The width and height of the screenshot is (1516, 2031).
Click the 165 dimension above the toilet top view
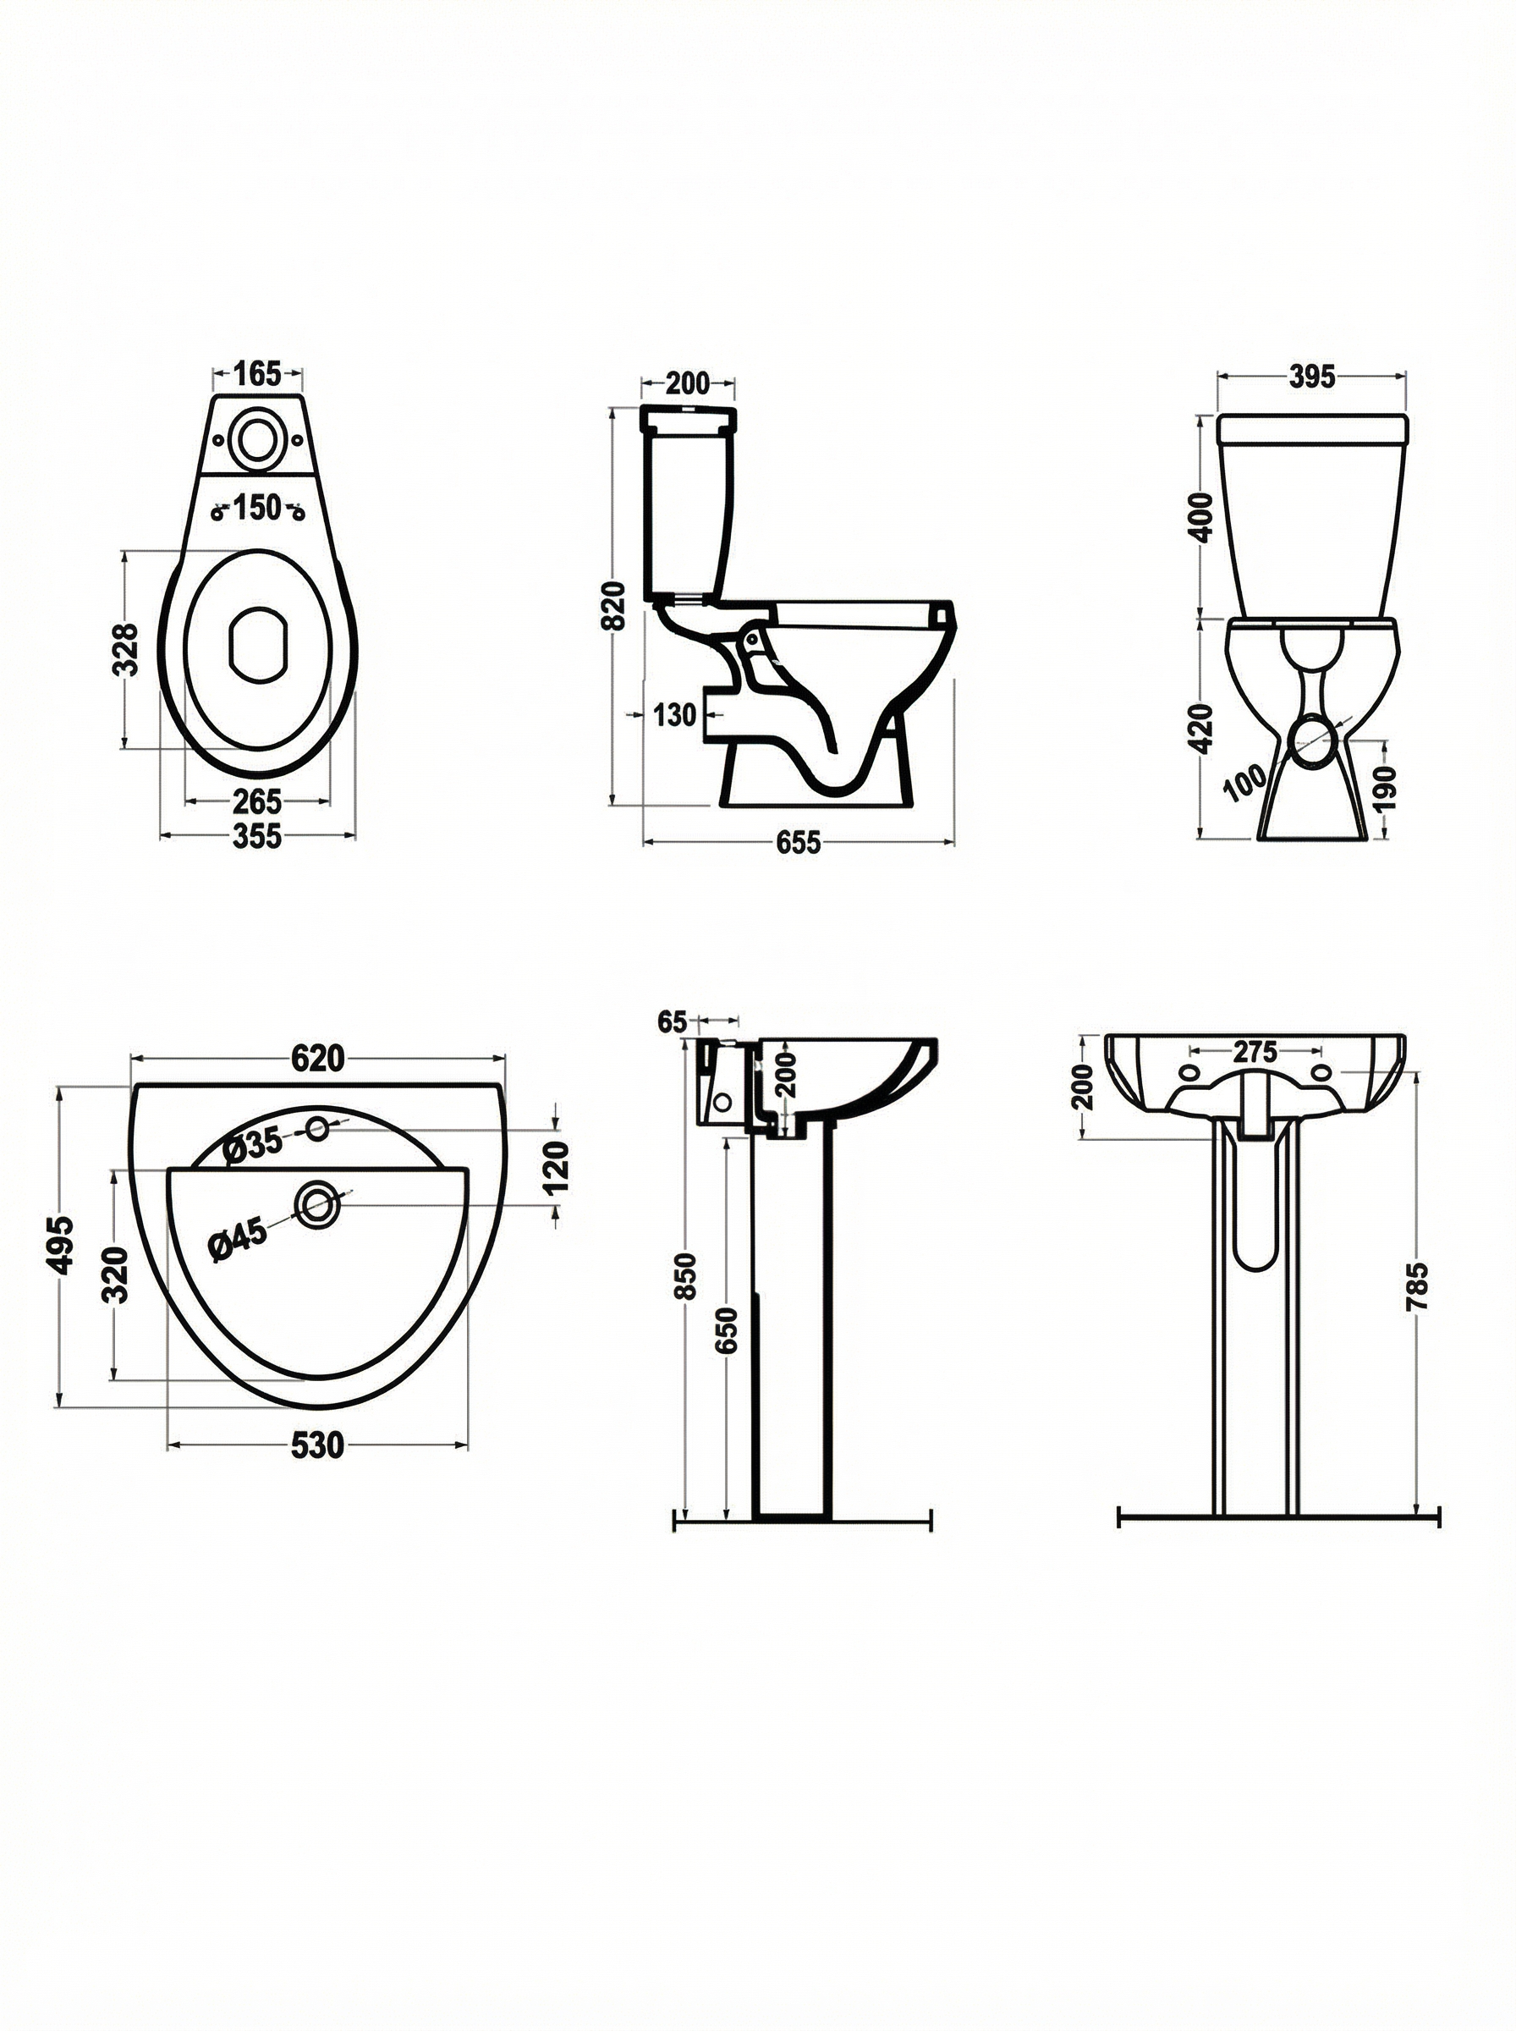[257, 374]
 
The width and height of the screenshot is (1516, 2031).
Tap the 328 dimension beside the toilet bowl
[126, 650]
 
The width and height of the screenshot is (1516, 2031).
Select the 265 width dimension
[257, 801]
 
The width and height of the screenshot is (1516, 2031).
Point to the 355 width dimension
[257, 838]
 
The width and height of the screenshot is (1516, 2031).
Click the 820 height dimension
[614, 606]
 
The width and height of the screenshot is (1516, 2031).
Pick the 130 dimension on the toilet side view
[675, 714]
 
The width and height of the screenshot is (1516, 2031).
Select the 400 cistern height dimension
[1205, 518]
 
